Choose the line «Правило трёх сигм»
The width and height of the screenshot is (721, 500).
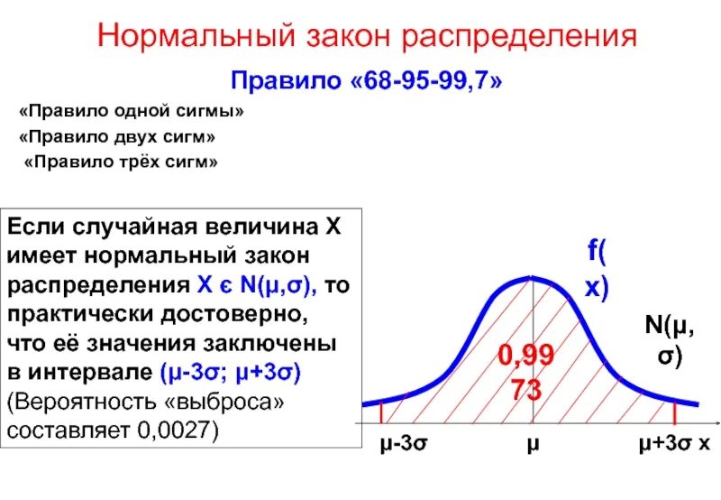tap(121, 163)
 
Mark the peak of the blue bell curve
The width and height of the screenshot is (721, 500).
tap(532, 278)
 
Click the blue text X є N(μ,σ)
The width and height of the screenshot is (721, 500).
tap(254, 286)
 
